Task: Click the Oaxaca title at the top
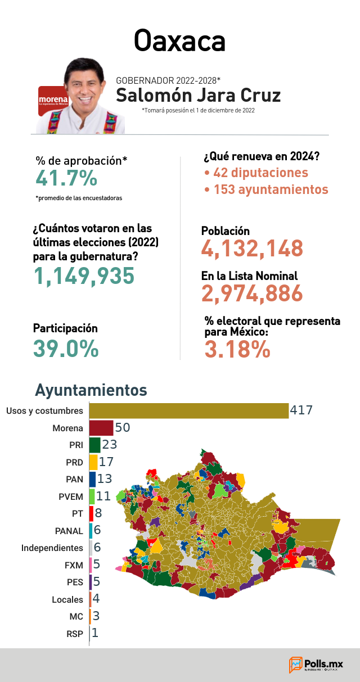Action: tap(179, 41)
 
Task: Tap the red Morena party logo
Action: tap(52, 101)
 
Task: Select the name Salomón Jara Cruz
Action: tap(198, 95)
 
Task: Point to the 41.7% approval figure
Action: tap(66, 178)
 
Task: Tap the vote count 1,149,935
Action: tap(84, 276)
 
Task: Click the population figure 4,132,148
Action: tap(252, 249)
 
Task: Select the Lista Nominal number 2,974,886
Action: tap(252, 293)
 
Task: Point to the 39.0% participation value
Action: tap(66, 349)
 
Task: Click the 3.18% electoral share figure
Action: tap(237, 349)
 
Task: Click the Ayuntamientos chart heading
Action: tap(91, 390)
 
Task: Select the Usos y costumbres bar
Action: tap(189, 411)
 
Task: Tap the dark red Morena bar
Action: tap(101, 428)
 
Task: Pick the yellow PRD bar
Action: tap(93, 462)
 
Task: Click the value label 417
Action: tap(301, 410)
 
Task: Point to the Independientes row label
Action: tap(52, 548)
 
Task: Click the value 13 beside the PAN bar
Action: tap(105, 479)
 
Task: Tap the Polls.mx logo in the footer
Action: tap(316, 665)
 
